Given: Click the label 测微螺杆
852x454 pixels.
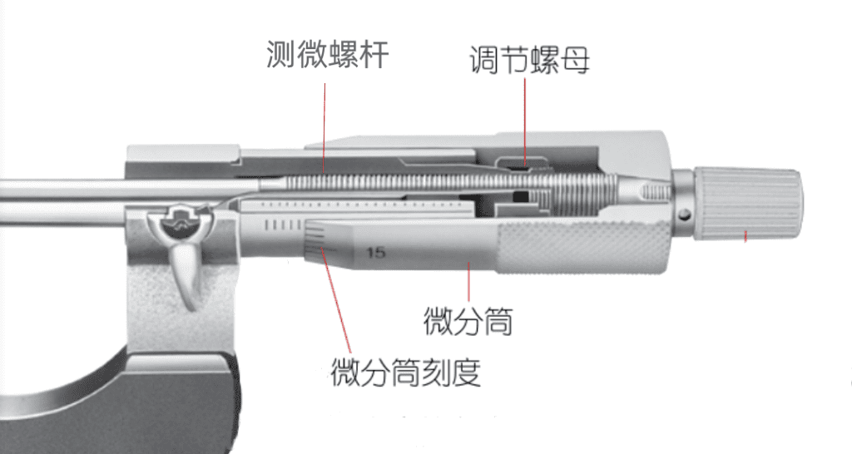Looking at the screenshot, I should click(x=327, y=55).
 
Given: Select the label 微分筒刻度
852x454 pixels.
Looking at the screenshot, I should click(x=405, y=372).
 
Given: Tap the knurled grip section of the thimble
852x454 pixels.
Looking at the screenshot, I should click(x=582, y=247).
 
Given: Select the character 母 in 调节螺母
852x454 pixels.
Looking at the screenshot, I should click(x=575, y=61).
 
